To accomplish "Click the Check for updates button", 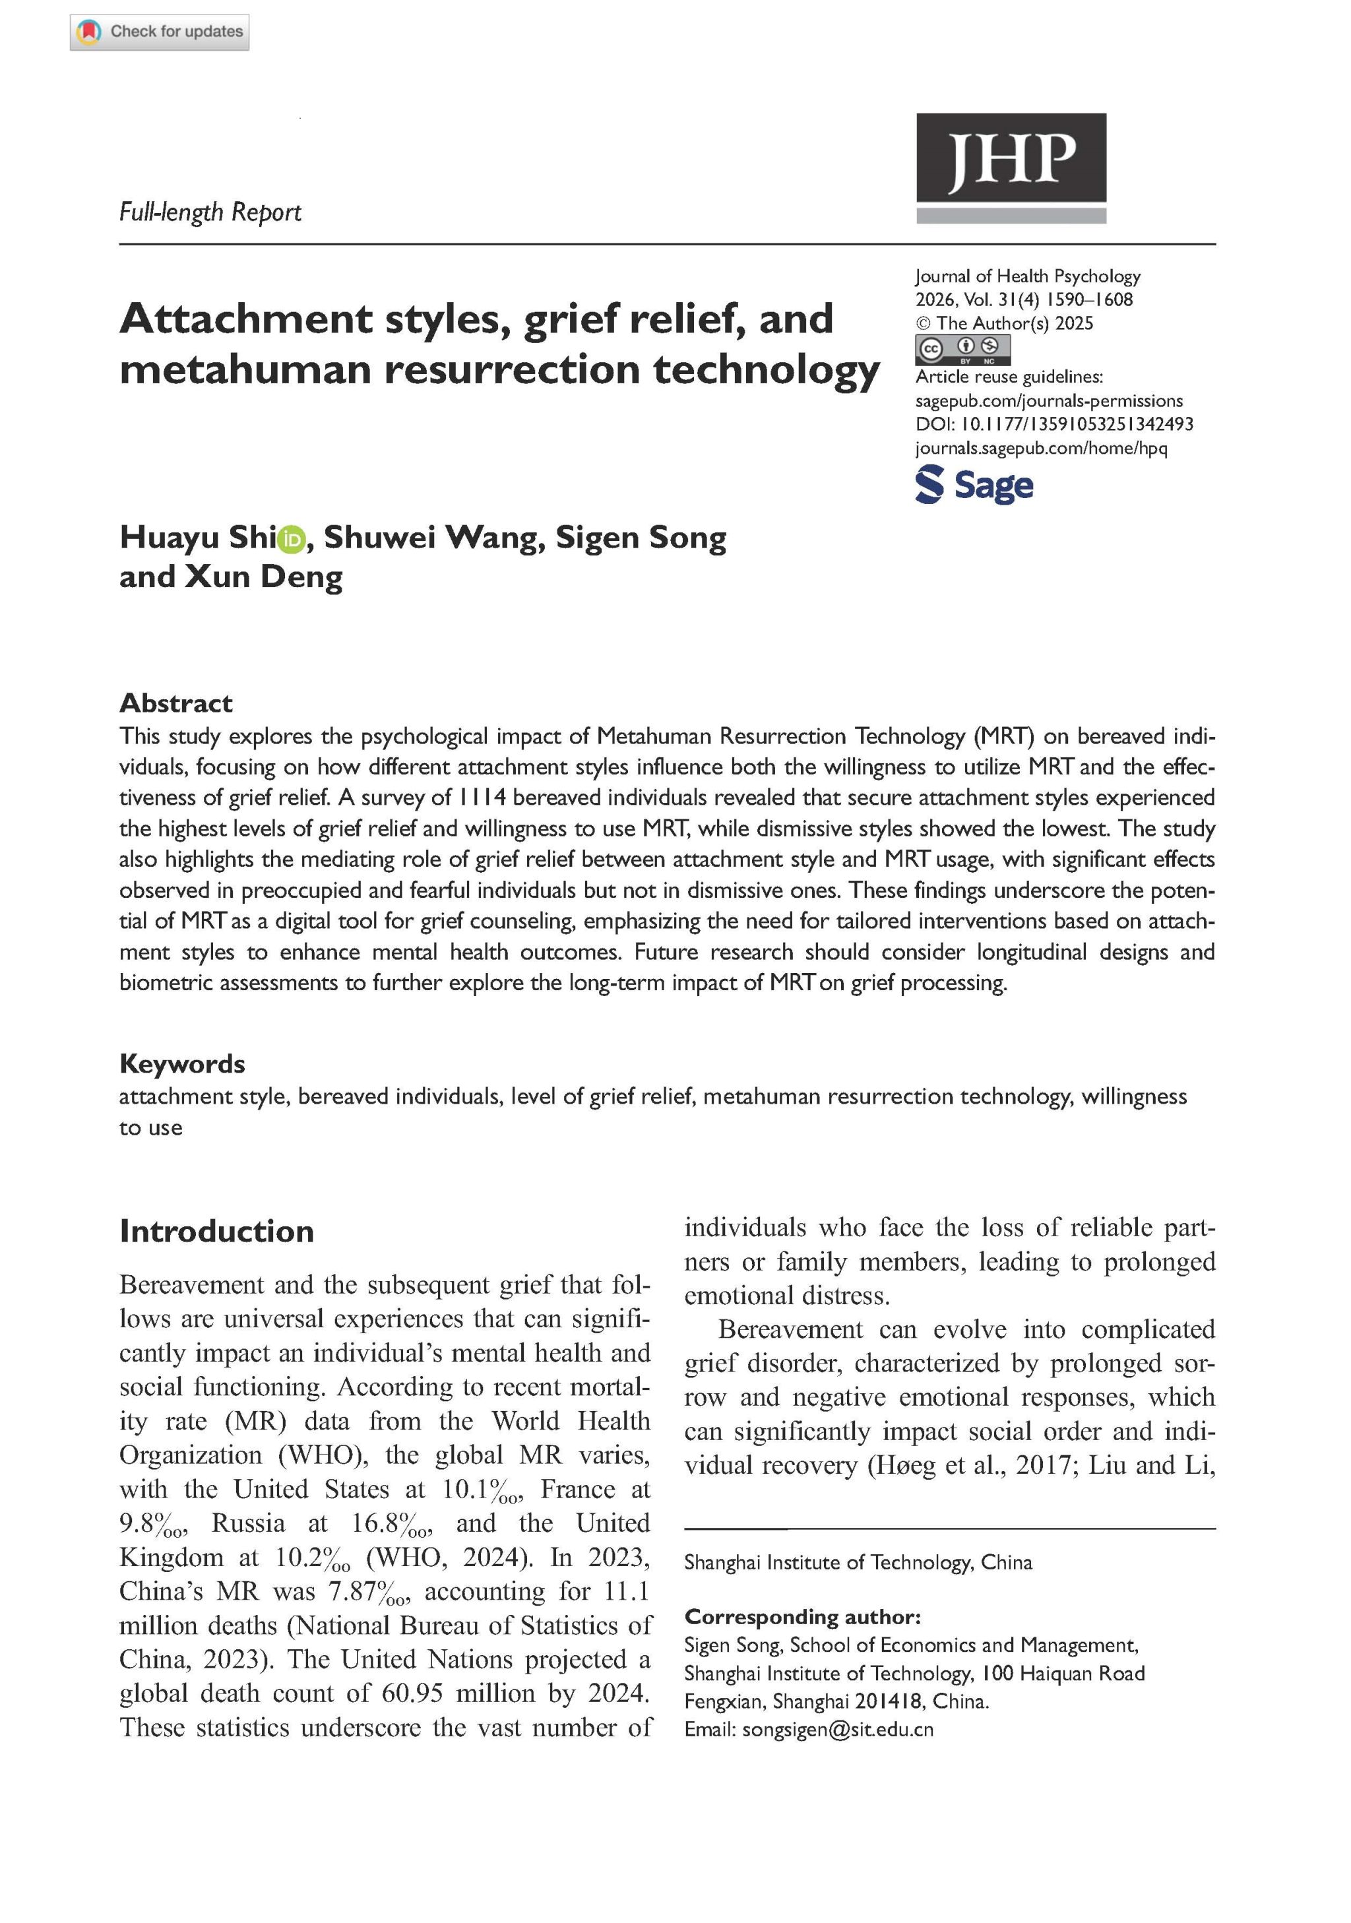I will (159, 32).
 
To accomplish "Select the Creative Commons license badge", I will (962, 348).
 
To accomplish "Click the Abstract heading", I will (176, 703).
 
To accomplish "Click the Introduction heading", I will (216, 1231).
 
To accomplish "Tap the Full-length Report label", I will (210, 212).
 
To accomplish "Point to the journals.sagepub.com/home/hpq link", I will (1041, 448).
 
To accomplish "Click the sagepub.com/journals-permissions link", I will (1049, 401).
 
